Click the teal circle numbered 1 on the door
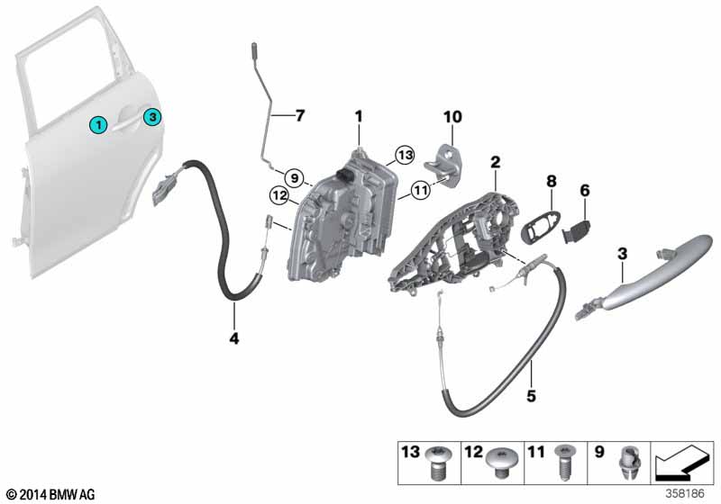click(x=98, y=124)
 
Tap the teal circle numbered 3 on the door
click(x=152, y=117)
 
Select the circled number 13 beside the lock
click(x=405, y=155)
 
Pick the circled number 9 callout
click(x=295, y=177)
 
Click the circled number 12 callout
click(x=279, y=196)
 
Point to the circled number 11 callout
click(x=421, y=190)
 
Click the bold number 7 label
click(x=300, y=116)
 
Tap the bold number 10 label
click(x=452, y=117)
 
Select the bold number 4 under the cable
click(x=234, y=338)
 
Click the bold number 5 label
click(x=531, y=396)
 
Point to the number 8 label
click(x=552, y=181)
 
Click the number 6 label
click(x=584, y=190)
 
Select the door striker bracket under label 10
click(x=442, y=167)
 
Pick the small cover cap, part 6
click(x=576, y=229)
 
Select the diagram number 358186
click(x=685, y=493)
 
